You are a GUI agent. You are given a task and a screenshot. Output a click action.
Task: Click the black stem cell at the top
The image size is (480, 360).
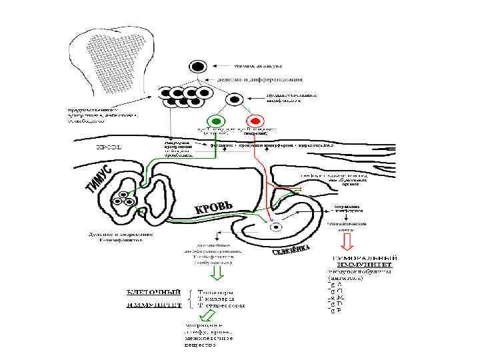(x=197, y=66)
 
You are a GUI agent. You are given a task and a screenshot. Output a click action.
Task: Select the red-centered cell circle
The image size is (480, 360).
(x=256, y=120)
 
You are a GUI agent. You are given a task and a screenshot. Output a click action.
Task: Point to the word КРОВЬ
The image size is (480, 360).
(x=213, y=209)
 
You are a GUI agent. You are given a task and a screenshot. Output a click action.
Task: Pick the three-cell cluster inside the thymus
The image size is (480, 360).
(x=123, y=199)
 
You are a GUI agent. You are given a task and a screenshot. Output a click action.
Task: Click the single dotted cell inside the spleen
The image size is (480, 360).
(x=275, y=227)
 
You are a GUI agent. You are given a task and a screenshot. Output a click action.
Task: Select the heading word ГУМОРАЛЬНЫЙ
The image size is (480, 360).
(x=365, y=258)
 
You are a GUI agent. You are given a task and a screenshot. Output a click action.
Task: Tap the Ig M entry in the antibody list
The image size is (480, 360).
(x=337, y=297)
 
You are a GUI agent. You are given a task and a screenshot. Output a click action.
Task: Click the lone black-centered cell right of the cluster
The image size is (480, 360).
(x=234, y=99)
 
